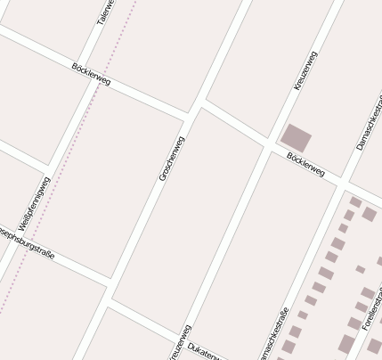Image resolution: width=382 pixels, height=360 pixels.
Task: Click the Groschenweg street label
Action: coord(172,159)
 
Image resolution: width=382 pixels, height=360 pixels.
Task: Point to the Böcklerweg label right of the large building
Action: coord(305,164)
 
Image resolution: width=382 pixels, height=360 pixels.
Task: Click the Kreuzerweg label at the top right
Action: coord(305,70)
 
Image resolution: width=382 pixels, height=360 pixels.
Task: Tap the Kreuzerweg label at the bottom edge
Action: coord(182,344)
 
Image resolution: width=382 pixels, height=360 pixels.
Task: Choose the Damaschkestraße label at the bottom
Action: coord(274,335)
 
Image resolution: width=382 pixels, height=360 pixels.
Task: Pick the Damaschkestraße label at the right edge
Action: coord(367,124)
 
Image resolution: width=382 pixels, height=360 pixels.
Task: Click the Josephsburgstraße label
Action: coord(27,241)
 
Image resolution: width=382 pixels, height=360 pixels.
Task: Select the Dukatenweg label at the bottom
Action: coord(207,350)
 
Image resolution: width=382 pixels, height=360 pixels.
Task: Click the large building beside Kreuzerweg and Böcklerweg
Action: coord(296,138)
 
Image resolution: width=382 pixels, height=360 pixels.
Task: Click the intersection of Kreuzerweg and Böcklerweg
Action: coord(269,145)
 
